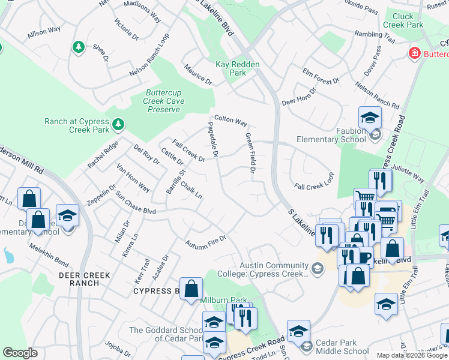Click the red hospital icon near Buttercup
tap(414, 54)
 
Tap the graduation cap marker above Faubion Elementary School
tap(370, 118)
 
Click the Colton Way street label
tap(231, 121)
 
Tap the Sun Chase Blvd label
tap(136, 204)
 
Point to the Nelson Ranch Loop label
tap(149, 55)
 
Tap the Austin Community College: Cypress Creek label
tap(274, 269)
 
